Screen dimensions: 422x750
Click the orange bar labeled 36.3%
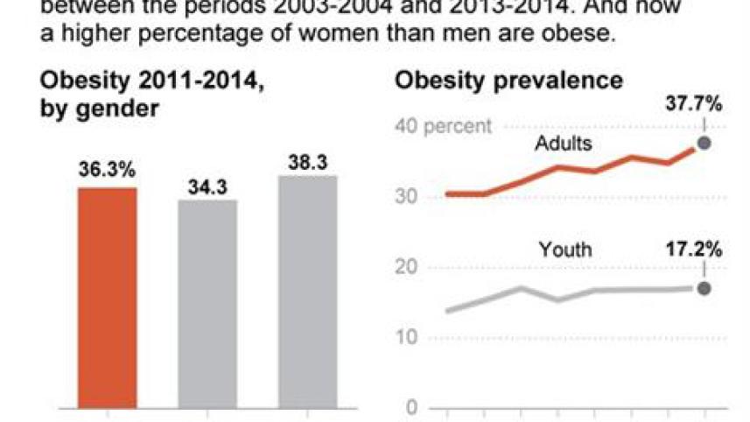pyautogui.click(x=107, y=298)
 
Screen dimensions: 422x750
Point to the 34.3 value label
pyautogui.click(x=207, y=185)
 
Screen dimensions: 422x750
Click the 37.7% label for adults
pyautogui.click(x=691, y=105)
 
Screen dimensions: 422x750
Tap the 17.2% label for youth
pyautogui.click(x=691, y=250)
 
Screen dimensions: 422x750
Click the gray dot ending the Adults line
pyautogui.click(x=703, y=144)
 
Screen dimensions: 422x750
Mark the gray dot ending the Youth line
pyautogui.click(x=703, y=289)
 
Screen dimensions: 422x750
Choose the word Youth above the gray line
pyautogui.click(x=564, y=250)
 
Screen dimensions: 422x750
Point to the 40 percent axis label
pyautogui.click(x=442, y=126)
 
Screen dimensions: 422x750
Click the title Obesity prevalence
pyautogui.click(x=508, y=81)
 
